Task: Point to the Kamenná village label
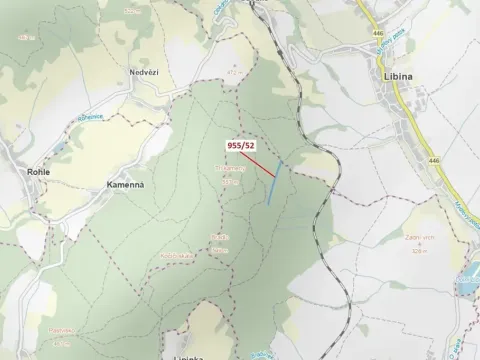pos(125,185)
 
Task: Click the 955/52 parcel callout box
pos(241,144)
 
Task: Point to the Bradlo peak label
pos(220,237)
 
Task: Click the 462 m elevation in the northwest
pos(22,37)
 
